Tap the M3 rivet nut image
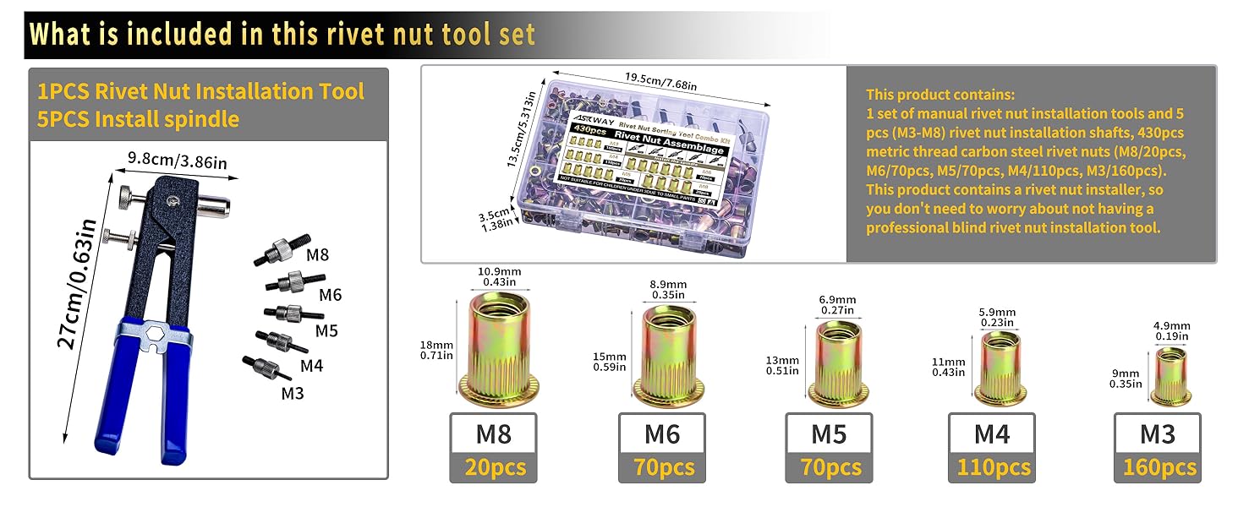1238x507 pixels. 1171,375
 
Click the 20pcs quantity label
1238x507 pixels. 493,467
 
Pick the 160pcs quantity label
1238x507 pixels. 1159,467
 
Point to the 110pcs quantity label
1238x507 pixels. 993,467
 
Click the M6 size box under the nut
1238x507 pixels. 661,433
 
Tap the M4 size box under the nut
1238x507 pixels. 992,433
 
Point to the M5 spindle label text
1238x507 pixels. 326,330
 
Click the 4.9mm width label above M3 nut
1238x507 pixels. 1172,330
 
